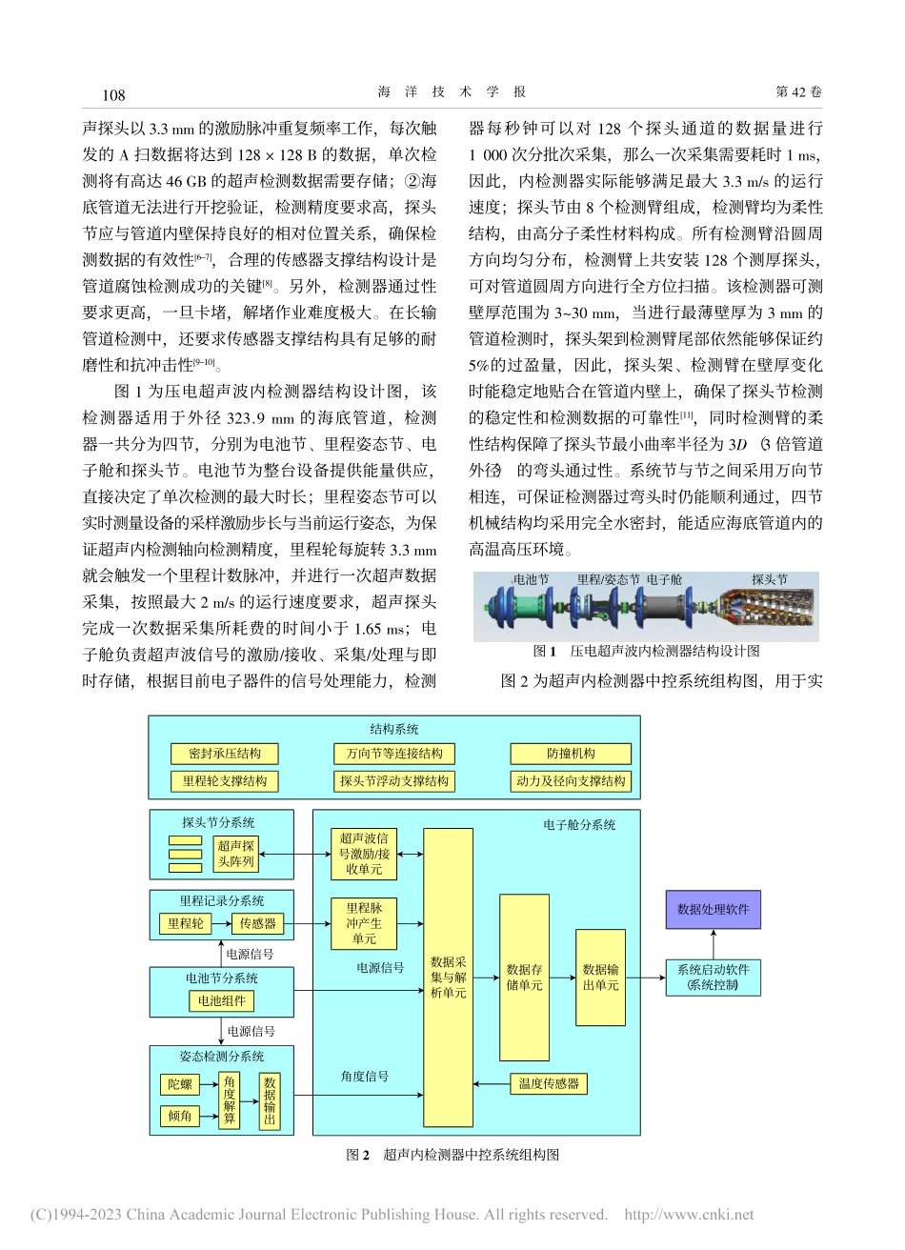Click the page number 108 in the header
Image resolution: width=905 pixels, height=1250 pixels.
tap(113, 93)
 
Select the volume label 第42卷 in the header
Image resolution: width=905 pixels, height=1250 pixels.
tap(798, 92)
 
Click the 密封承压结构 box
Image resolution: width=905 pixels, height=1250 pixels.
tap(225, 754)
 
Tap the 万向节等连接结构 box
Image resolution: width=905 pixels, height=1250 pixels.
tap(394, 754)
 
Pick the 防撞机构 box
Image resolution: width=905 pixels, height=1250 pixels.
tap(571, 754)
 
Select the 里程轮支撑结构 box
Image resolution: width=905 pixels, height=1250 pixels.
tap(225, 781)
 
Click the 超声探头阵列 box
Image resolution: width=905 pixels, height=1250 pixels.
tap(236, 854)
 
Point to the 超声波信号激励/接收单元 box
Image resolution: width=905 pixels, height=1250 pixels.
tap(364, 854)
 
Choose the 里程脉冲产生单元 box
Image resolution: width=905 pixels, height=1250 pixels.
tap(364, 923)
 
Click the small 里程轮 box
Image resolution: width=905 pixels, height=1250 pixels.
tap(186, 923)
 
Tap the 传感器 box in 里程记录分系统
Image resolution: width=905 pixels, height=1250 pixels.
tap(257, 923)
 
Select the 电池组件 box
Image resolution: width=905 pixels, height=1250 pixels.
tap(221, 1001)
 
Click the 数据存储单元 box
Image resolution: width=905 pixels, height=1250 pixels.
tap(525, 978)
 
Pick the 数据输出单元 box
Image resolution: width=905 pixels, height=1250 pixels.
tap(601, 978)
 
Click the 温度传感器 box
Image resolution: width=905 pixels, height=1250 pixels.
tap(549, 1083)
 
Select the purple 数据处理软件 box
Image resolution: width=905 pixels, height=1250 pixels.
tap(713, 910)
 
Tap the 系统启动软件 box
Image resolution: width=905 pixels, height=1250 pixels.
tap(713, 978)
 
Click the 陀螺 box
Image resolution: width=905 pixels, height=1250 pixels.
tap(179, 1084)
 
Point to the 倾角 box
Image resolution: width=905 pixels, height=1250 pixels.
tap(179, 1116)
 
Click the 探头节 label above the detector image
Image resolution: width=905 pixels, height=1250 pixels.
tap(769, 579)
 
